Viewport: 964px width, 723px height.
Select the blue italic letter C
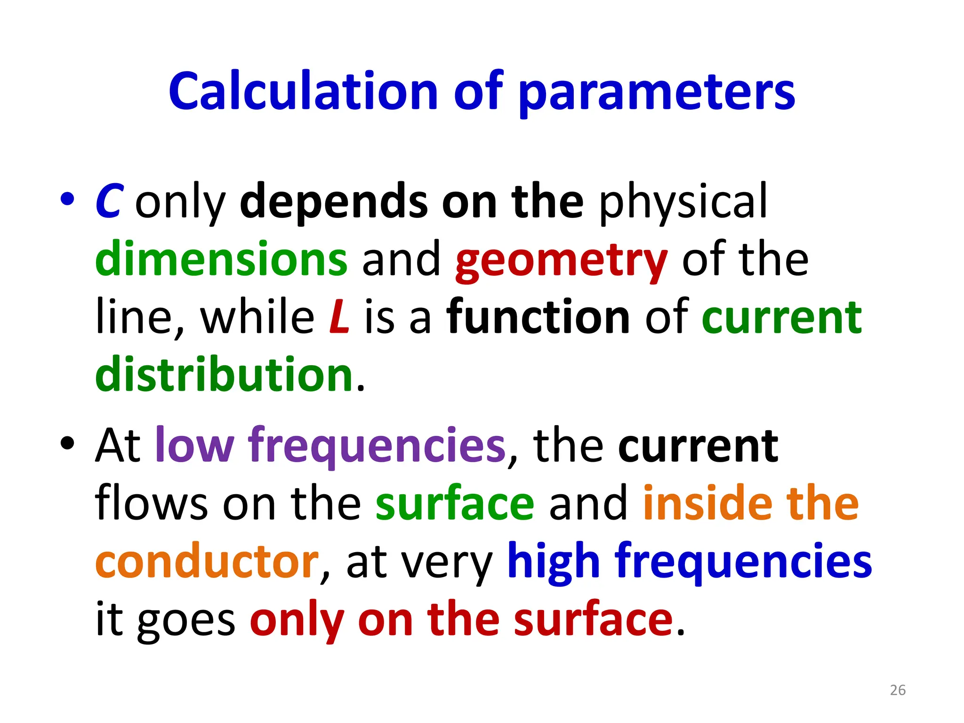point(109,201)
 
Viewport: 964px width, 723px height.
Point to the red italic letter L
point(339,317)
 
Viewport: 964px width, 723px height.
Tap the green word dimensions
point(221,259)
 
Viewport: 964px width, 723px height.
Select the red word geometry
point(562,261)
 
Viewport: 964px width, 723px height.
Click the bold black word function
point(538,317)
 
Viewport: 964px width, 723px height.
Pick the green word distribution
point(224,374)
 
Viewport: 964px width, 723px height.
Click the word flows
point(151,503)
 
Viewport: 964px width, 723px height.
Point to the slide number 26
point(898,690)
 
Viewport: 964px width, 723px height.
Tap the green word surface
point(455,503)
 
